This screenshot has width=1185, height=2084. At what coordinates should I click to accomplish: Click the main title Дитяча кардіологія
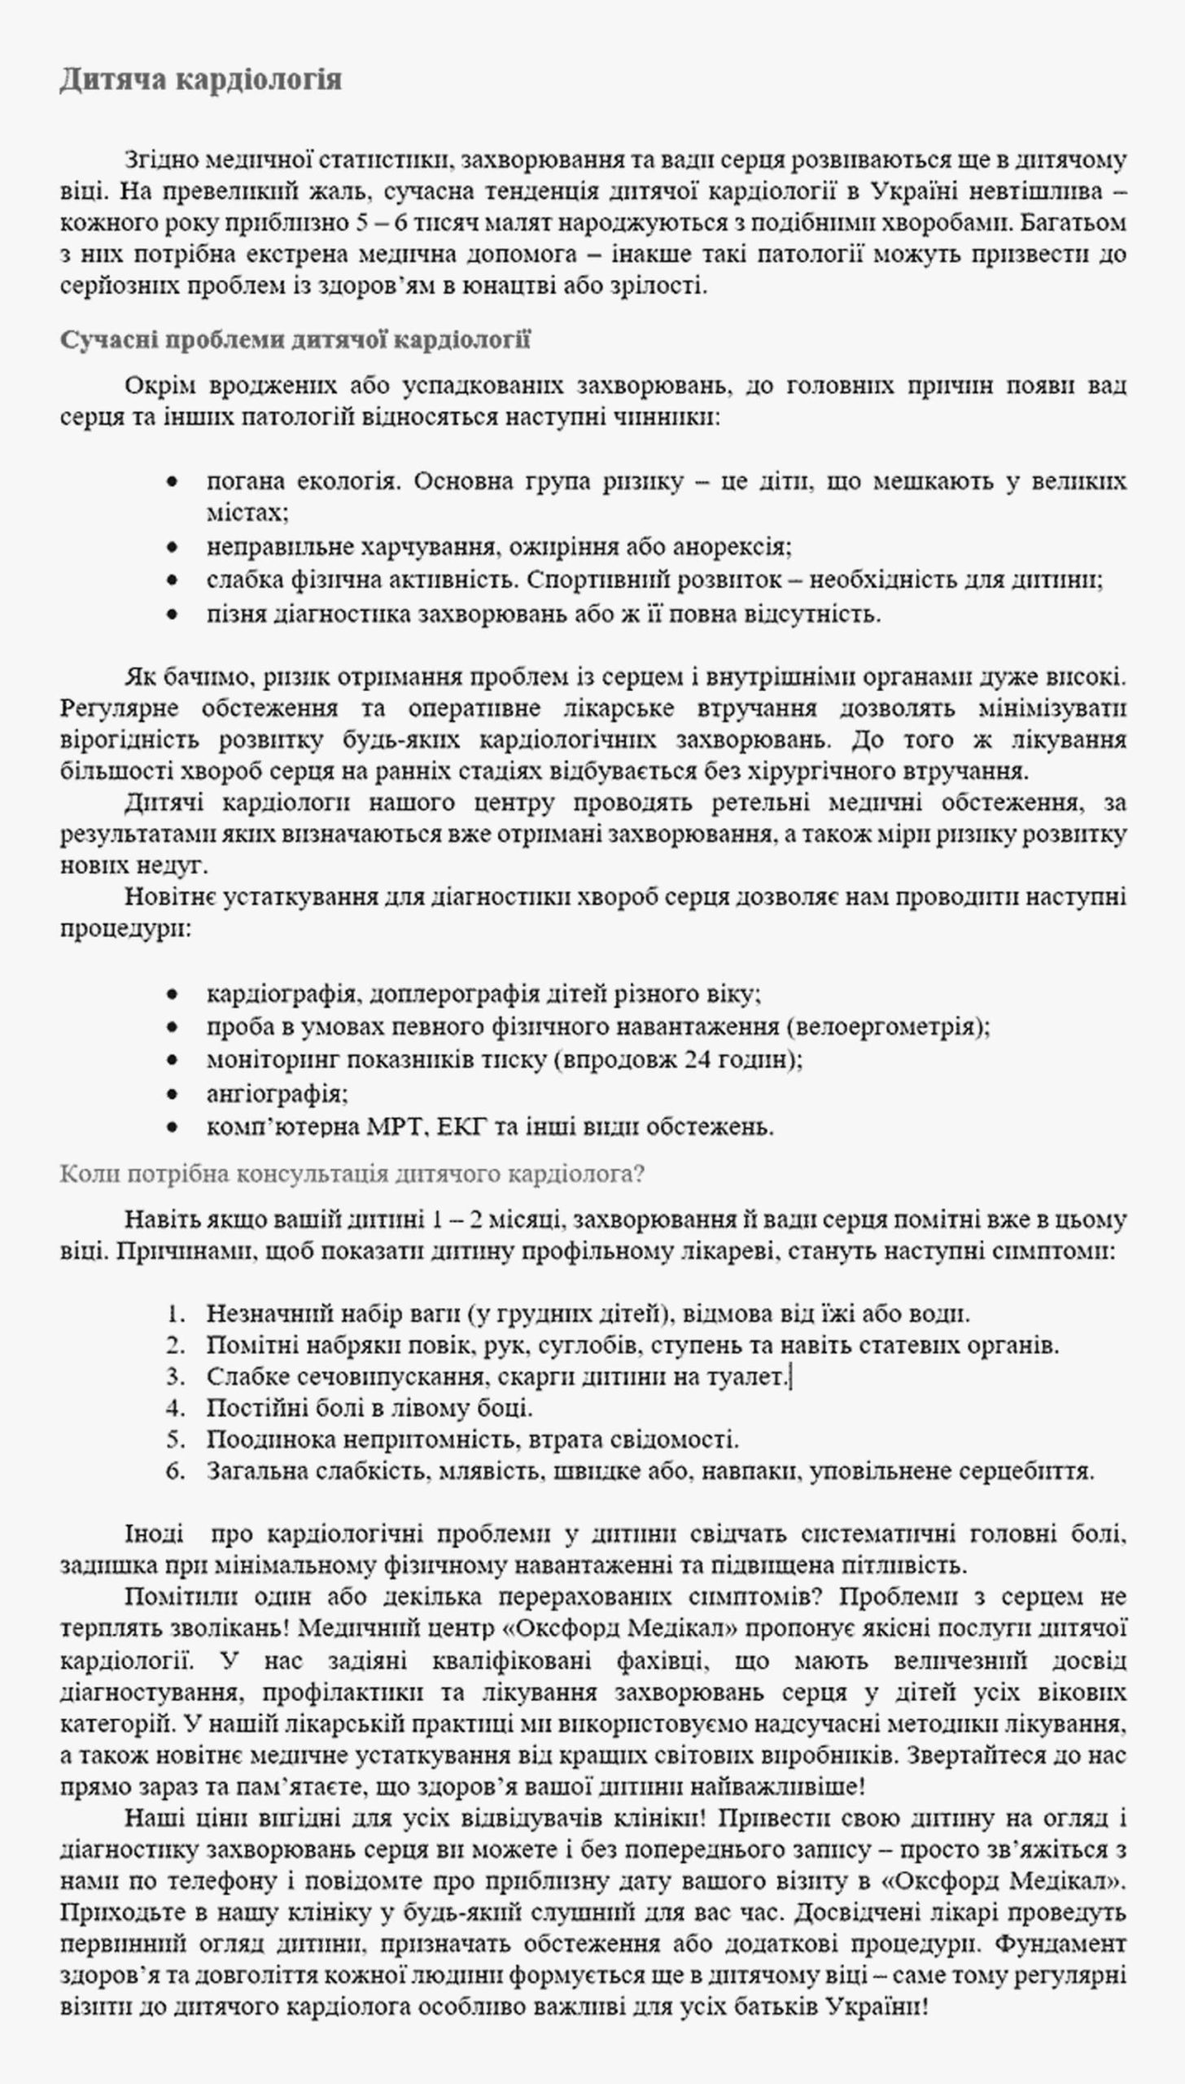[200, 80]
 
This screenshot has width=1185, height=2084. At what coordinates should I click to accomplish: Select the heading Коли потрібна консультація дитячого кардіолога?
[352, 1174]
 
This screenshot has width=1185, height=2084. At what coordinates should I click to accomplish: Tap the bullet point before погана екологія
[171, 482]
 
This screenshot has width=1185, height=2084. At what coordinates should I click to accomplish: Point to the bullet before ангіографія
[171, 1093]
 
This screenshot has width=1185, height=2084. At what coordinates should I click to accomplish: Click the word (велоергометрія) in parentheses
[888, 1027]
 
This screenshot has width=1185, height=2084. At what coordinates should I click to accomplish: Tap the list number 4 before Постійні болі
[175, 1408]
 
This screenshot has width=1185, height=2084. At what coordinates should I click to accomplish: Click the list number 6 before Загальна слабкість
[175, 1471]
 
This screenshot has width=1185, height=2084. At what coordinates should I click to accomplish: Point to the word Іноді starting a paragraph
[155, 1535]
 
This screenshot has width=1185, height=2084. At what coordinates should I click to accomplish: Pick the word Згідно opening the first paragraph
[159, 160]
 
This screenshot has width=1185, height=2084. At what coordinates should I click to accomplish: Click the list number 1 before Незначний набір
[175, 1313]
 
